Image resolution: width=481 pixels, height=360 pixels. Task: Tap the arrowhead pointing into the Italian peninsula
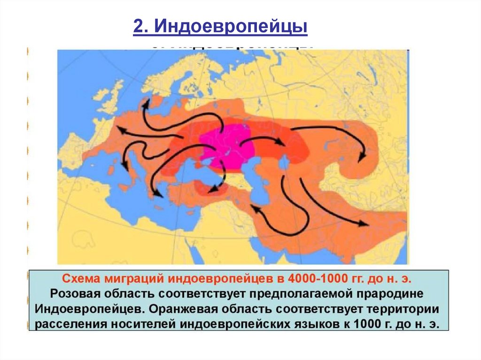coord(124,166)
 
